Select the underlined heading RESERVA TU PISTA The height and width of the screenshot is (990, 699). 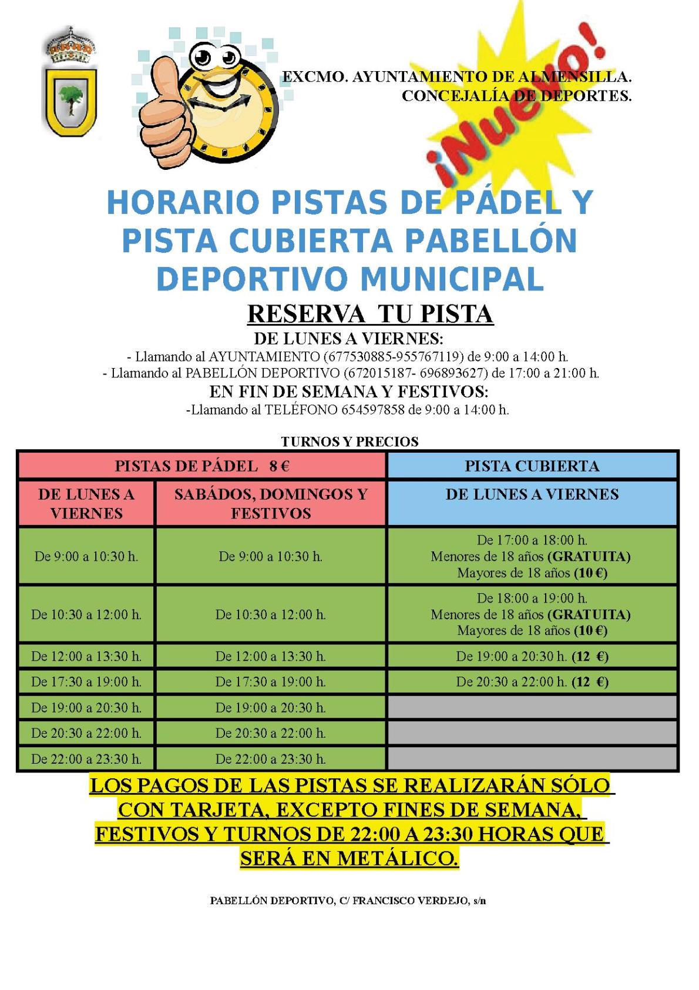click(369, 314)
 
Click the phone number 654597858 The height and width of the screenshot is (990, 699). click(372, 410)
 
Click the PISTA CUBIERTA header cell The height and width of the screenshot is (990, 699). click(532, 466)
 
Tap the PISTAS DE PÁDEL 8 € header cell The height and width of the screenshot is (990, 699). click(202, 466)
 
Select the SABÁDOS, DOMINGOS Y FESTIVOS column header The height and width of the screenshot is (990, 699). click(270, 503)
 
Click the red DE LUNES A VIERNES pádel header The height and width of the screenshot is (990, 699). click(86, 503)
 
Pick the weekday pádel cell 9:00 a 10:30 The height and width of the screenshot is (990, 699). click(86, 556)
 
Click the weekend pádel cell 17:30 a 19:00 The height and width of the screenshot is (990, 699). click(270, 682)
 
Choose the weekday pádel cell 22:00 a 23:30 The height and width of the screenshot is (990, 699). click(86, 759)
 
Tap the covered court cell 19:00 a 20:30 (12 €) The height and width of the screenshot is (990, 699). click(532, 656)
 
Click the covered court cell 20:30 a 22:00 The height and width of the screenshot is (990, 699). click(532, 682)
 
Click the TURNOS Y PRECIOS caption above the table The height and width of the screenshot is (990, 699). click(349, 442)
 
